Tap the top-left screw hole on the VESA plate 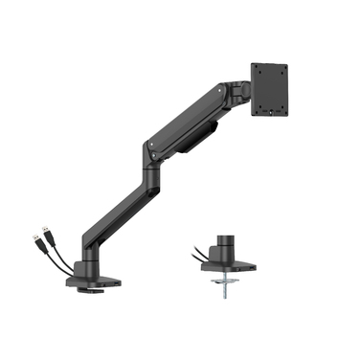[x=259, y=72]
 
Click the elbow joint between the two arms [x=150, y=151]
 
